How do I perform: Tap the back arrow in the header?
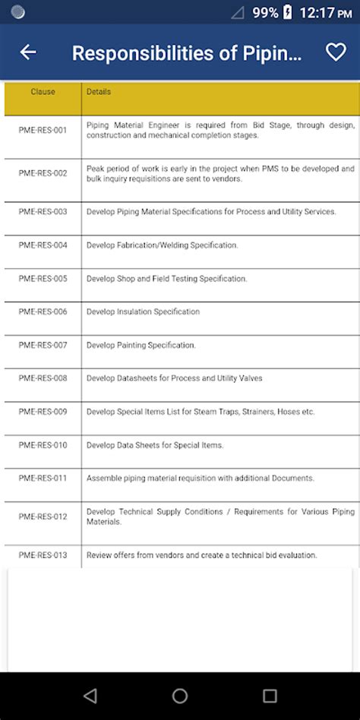(28, 52)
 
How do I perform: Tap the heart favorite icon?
(335, 52)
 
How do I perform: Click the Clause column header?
(43, 92)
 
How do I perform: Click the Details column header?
(99, 92)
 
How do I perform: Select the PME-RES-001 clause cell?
(43, 130)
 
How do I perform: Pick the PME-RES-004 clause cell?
(43, 245)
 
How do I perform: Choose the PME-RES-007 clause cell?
(43, 345)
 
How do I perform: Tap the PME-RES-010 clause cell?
(43, 445)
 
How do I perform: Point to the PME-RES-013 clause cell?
(43, 555)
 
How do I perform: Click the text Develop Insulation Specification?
(143, 311)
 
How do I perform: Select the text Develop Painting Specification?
(141, 345)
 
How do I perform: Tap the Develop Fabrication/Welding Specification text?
(162, 245)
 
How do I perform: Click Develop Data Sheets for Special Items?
(155, 445)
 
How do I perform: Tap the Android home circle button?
(180, 696)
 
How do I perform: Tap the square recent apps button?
(270, 696)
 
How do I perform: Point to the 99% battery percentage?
(265, 12)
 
